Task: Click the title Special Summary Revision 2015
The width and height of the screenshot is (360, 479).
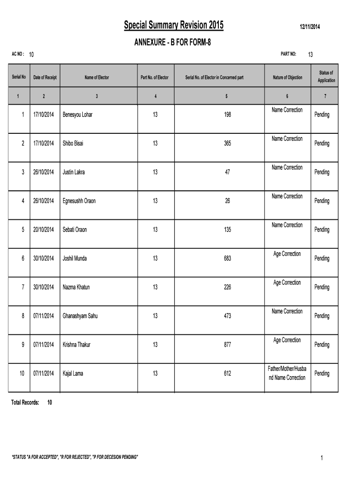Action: coord(173,25)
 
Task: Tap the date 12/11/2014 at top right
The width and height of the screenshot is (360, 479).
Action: coord(310,27)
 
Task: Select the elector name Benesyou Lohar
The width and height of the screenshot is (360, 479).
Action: coord(78,115)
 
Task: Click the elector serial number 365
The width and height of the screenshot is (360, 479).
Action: coord(227,144)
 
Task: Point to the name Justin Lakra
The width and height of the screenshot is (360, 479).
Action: coord(74,172)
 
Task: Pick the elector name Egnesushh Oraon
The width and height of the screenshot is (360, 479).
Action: coord(79,201)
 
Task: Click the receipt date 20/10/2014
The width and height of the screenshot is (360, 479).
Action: coord(43,230)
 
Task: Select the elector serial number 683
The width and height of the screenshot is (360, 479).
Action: coord(227,259)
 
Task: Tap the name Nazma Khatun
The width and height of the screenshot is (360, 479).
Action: coord(76,287)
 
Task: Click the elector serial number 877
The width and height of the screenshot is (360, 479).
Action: coord(227,345)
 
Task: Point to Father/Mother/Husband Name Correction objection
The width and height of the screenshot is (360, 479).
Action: coord(287,373)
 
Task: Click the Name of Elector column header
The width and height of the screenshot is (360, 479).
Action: coord(97,78)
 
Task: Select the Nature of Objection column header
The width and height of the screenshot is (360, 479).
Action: coord(288,78)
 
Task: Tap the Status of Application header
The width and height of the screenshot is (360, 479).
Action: coord(326,77)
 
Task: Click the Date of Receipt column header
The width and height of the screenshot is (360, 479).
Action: coord(45,78)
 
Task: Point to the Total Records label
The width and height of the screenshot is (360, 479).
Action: coord(25,402)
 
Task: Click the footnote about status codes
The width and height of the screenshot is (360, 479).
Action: coord(75,457)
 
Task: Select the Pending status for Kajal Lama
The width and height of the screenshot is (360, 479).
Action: coord(322,373)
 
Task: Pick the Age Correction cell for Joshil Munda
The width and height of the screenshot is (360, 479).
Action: coord(287,254)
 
